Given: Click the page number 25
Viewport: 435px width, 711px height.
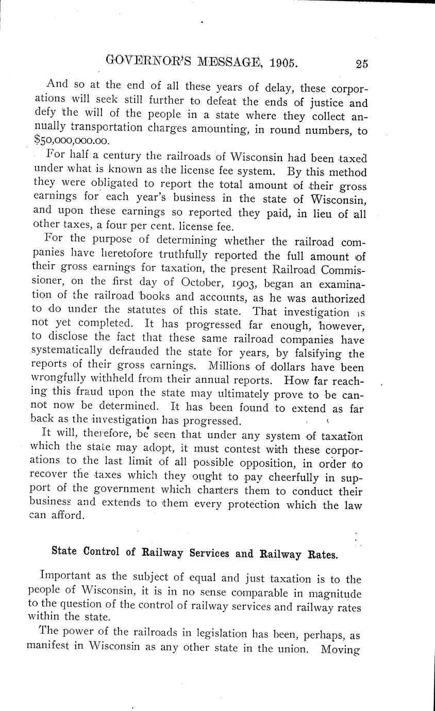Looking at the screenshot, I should click(x=361, y=64).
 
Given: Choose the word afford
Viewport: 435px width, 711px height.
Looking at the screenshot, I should click(x=65, y=516).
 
